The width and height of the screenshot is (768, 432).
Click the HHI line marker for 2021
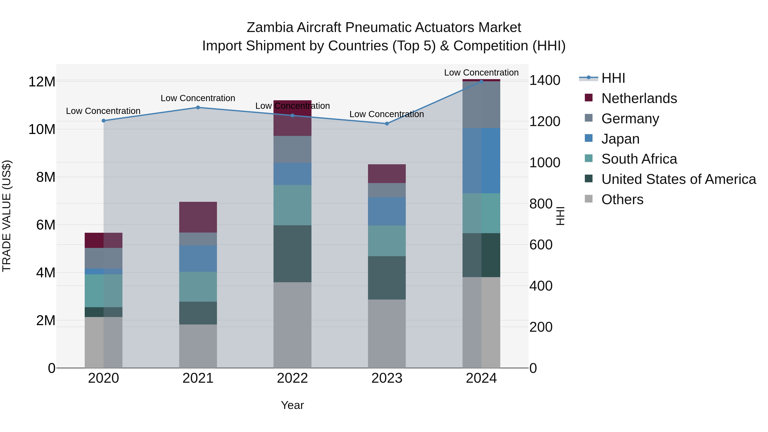pyautogui.click(x=198, y=108)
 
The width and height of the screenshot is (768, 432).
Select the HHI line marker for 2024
pyautogui.click(x=481, y=81)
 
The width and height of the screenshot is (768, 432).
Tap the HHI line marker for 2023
pyautogui.click(x=387, y=124)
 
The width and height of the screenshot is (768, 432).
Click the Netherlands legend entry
pyautogui.click(x=639, y=98)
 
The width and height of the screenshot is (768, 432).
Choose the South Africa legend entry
pyautogui.click(x=639, y=159)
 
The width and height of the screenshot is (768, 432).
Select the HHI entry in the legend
pyautogui.click(x=613, y=78)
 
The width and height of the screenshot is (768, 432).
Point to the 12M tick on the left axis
pyautogui.click(x=42, y=82)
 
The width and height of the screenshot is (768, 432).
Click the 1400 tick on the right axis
pyautogui.click(x=545, y=80)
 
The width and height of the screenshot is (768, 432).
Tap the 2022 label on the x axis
pyautogui.click(x=292, y=378)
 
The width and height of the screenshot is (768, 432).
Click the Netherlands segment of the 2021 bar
pyautogui.click(x=198, y=217)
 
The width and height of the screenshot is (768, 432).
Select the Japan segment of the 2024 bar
pyautogui.click(x=481, y=160)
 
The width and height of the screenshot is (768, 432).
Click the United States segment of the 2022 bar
pyautogui.click(x=292, y=253)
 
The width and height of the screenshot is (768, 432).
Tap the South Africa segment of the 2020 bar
pyautogui.click(x=103, y=291)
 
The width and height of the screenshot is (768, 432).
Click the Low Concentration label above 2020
pyautogui.click(x=103, y=111)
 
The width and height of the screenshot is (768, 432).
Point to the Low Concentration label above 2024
pyautogui.click(x=481, y=73)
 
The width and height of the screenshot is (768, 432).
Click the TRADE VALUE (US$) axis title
pyautogui.click(x=7, y=216)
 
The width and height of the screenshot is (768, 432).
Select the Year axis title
pyautogui.click(x=292, y=405)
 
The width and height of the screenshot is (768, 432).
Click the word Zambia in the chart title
pyautogui.click(x=270, y=28)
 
